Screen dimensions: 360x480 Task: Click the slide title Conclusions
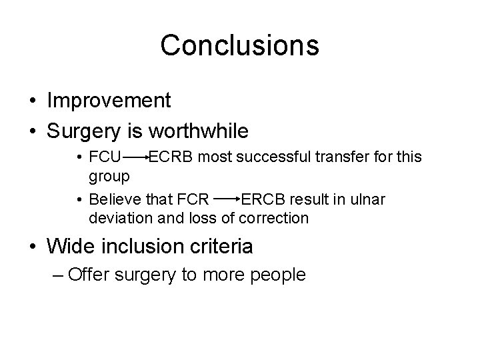point(239,45)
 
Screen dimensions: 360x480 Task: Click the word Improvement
point(109,101)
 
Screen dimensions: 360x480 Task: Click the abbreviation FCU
point(105,158)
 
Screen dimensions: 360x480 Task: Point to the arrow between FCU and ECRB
point(135,159)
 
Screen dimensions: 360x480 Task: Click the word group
point(109,176)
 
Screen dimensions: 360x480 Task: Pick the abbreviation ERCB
point(264,199)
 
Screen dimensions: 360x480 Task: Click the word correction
point(275,217)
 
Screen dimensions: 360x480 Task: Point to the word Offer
point(90,274)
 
